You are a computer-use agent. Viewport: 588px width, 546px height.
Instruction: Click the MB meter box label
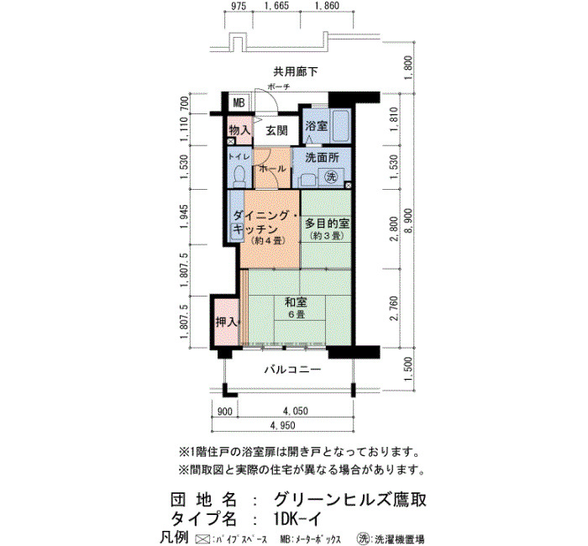pos(239,102)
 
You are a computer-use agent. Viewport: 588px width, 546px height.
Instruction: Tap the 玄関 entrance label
pos(276,130)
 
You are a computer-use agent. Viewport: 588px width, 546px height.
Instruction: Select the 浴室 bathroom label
pos(316,126)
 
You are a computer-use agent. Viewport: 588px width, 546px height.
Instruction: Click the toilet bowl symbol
pos(239,176)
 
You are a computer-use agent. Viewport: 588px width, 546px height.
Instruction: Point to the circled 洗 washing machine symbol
pos(331,176)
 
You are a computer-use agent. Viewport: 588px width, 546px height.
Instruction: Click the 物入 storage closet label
pos(239,130)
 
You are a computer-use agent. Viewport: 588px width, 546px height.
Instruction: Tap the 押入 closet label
pos(226,322)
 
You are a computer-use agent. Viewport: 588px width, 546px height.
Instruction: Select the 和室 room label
pos(296,302)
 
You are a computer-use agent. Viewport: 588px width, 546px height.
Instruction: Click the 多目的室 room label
pos(327,223)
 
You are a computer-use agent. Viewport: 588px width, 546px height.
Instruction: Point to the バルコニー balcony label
pos(293,370)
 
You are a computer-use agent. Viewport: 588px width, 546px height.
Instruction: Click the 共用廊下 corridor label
pos(296,71)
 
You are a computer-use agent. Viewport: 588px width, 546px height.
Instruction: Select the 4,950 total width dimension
pos(283,426)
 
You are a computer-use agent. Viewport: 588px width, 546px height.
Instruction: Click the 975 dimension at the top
pos(239,6)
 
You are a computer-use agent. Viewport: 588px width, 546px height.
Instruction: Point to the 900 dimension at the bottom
pos(225,412)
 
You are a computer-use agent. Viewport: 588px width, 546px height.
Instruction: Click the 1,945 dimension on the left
pos(184,217)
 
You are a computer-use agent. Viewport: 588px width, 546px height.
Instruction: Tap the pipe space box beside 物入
pos(231,142)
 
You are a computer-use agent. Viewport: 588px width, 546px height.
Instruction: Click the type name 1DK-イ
pos(297,519)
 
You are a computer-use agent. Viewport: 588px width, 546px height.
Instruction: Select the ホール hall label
pos(272,169)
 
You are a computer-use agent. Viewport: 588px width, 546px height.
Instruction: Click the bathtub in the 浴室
pos(340,126)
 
